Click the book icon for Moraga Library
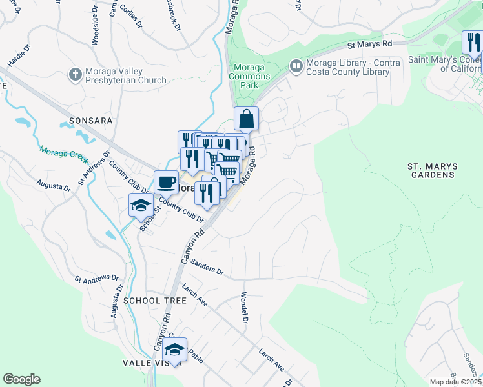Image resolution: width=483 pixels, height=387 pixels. (x=296, y=65)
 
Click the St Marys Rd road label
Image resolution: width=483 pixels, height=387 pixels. (x=369, y=45)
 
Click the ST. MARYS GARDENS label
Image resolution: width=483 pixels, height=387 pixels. (x=432, y=170)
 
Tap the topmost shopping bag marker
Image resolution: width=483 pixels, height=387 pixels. (x=246, y=119)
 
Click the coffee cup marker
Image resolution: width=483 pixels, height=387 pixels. (x=166, y=182)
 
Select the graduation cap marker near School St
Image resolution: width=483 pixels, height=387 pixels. (x=141, y=205)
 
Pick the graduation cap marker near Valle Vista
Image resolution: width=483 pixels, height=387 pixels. (x=174, y=350)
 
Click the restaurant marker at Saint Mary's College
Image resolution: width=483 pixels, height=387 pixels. (x=473, y=43)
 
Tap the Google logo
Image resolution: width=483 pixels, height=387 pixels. (x=21, y=379)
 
